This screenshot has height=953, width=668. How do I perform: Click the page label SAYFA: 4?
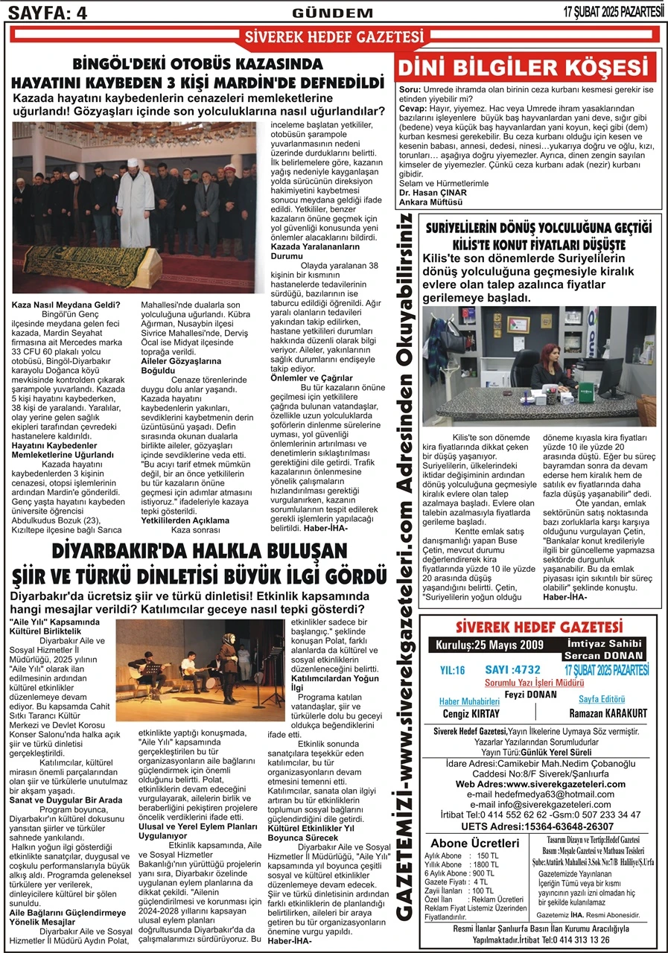pyautogui.click(x=46, y=12)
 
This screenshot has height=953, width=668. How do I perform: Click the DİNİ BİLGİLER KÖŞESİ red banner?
pyautogui.click(x=529, y=68)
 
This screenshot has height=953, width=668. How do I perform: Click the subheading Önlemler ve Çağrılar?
pyautogui.click(x=312, y=378)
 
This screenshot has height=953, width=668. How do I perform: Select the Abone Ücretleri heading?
pyautogui.click(x=475, y=843)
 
